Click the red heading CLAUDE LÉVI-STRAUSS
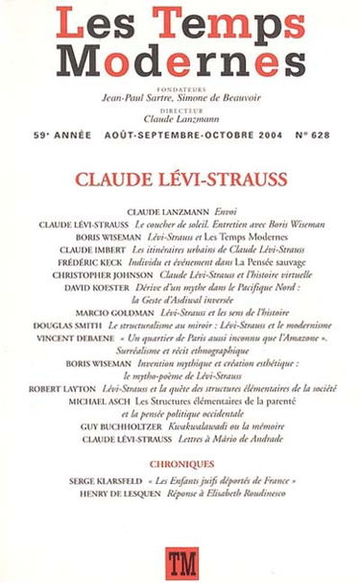[180, 179]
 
